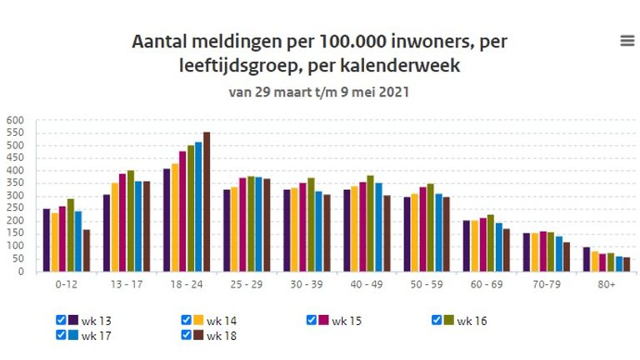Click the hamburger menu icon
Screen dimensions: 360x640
pos(627,41)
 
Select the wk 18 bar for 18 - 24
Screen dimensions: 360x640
pos(207,202)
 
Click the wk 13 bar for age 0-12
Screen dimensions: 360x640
pos(47,240)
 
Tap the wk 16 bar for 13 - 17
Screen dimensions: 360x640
pos(131,221)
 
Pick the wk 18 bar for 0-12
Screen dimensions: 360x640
pos(87,250)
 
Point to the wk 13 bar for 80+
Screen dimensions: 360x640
pos(587,259)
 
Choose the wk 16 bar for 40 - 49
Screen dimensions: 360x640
pos(371,223)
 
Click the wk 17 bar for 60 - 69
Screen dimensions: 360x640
pos(499,247)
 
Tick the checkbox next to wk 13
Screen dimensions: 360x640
pos(61,320)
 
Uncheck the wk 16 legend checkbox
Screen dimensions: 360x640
pos(437,320)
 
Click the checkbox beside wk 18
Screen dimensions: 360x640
pos(187,335)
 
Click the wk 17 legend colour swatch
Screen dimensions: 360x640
pos(73,335)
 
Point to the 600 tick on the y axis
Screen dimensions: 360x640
pos(17,120)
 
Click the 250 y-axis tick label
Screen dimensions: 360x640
pos(17,208)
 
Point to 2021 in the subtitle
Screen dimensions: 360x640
pos(393,92)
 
